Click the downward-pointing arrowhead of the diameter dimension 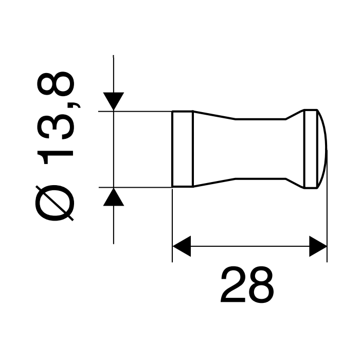(113, 101)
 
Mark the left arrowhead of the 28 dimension (181, 247)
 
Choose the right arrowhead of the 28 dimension (318, 247)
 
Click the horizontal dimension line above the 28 (249, 247)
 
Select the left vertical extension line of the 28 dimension (172, 226)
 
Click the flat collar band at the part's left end (183, 149)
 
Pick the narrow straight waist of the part (260, 149)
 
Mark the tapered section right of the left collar (213, 149)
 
